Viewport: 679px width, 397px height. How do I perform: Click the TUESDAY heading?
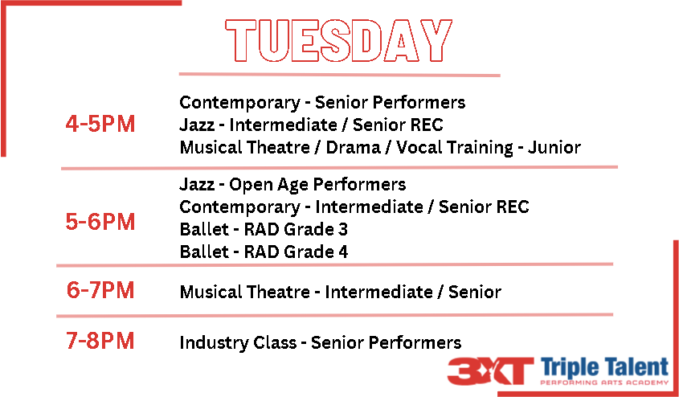coord(338,41)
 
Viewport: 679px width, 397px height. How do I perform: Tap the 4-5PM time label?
coord(100,125)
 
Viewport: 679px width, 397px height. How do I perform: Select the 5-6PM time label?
coord(100,222)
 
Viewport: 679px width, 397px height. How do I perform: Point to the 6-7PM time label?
coord(100,290)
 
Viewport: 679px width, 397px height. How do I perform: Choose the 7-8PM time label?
coord(100,341)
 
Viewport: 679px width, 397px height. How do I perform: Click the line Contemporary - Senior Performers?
coord(322,103)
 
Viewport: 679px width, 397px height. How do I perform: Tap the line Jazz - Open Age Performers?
coord(292,185)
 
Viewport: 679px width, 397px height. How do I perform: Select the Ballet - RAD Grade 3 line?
coord(264,230)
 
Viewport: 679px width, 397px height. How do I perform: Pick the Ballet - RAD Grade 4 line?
coord(264,252)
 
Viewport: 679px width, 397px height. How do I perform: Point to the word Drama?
coord(353,148)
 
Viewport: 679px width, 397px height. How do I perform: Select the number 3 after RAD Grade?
coord(343,230)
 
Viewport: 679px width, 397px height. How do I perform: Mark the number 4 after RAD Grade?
coord(343,252)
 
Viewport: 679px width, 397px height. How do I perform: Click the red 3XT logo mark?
coord(490,371)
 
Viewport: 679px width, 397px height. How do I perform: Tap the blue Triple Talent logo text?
coord(604,368)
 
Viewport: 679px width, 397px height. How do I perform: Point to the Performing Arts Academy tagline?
coord(604,383)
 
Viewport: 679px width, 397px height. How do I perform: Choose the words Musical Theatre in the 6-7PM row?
coord(244,292)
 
